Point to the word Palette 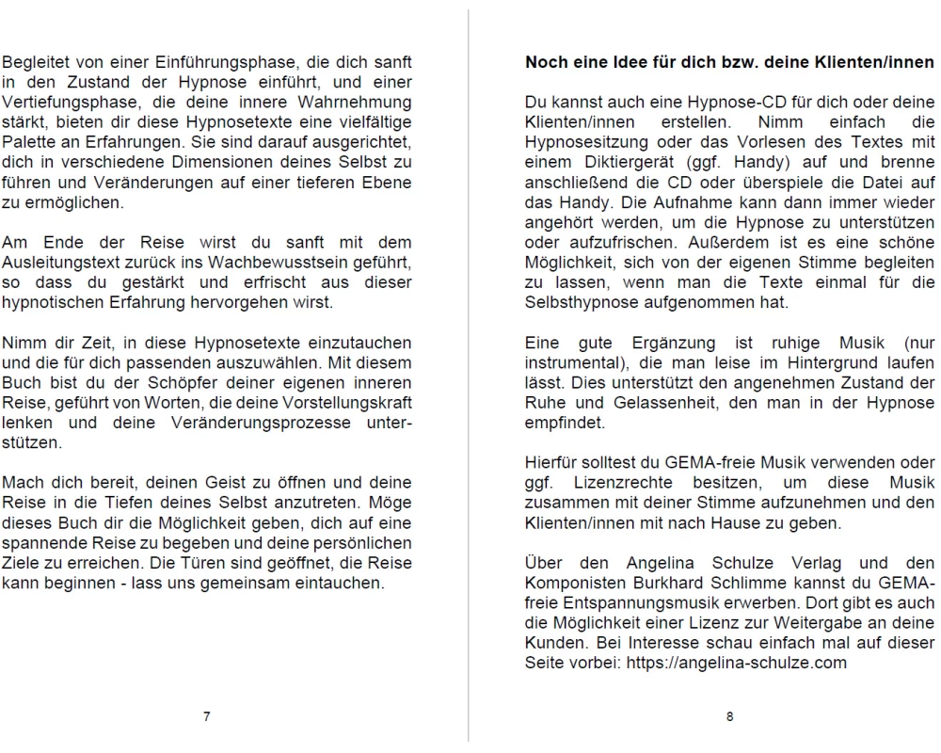click(27, 139)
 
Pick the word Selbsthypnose click(577, 301)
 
